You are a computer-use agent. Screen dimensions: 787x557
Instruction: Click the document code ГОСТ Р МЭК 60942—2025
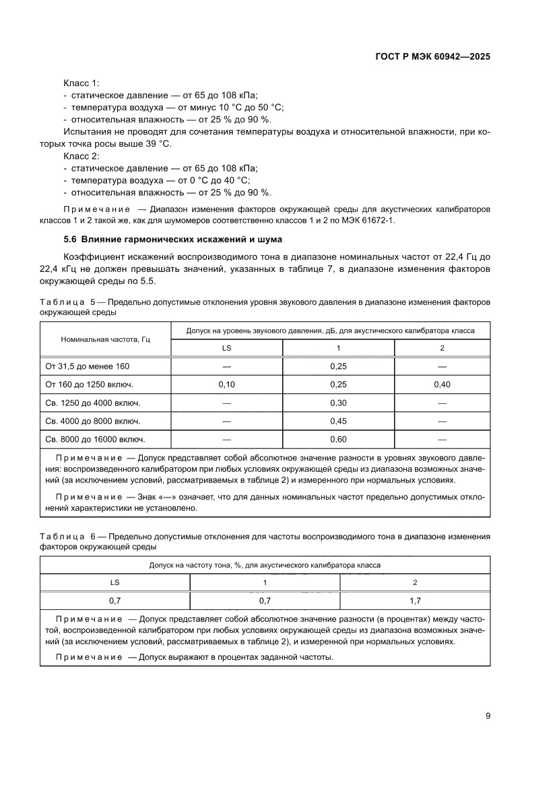tap(432, 57)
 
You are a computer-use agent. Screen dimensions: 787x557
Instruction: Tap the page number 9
tap(487, 716)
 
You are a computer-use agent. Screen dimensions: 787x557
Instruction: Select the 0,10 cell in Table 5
tap(226, 384)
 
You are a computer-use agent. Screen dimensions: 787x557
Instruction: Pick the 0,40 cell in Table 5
tap(442, 384)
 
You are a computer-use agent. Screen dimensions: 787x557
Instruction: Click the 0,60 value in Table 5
tap(338, 439)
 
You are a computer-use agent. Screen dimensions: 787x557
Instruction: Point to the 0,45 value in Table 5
tap(338, 421)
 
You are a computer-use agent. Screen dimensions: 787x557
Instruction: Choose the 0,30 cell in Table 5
tap(338, 403)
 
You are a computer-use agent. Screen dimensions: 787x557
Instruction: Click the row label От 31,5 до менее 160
tap(87, 366)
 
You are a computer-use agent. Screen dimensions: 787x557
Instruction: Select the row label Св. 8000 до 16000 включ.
tap(95, 439)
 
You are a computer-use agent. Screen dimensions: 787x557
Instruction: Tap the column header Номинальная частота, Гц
tap(105, 339)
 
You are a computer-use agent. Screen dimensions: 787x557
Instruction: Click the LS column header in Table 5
tap(226, 348)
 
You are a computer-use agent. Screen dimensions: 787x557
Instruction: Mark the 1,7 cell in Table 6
tap(415, 600)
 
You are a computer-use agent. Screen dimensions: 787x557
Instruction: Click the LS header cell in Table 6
tap(115, 582)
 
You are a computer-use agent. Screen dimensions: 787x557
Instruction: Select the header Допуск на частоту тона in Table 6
tap(265, 564)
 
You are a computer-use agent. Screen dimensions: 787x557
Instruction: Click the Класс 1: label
tap(81, 83)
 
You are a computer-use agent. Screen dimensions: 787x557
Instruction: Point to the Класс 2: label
tap(81, 156)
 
